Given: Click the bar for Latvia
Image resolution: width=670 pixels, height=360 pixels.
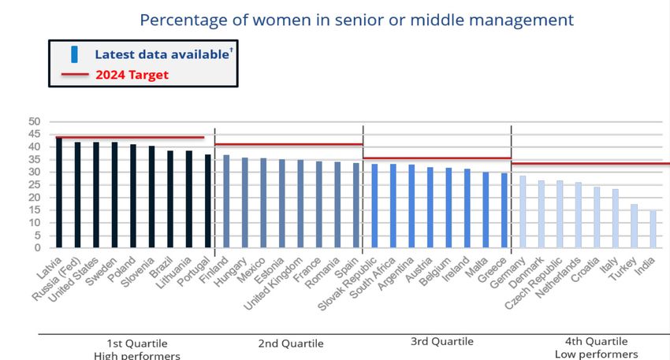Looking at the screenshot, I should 59,193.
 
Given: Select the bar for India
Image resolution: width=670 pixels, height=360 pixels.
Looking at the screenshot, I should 653,229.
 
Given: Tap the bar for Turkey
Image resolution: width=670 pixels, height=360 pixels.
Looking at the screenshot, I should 634,226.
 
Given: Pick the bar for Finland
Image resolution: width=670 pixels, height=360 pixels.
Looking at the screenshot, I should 226,202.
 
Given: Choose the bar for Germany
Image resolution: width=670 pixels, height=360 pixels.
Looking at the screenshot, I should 523,212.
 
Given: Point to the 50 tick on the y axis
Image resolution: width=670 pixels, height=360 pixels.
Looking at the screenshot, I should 34,121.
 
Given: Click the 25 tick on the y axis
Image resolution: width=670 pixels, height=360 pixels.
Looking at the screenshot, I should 34,184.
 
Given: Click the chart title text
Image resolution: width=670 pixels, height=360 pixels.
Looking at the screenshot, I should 357,19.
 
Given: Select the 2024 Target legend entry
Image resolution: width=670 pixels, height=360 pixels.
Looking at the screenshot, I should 132,76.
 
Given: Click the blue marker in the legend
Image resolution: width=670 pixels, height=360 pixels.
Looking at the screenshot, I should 74,54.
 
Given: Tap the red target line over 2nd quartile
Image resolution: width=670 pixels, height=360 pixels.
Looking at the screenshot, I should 288,144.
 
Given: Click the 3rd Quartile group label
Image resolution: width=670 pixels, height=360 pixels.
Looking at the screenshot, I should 442,341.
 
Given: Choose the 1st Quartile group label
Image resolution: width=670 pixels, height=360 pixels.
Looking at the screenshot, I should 137,343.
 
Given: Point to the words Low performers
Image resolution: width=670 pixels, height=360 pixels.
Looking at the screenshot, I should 596,355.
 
